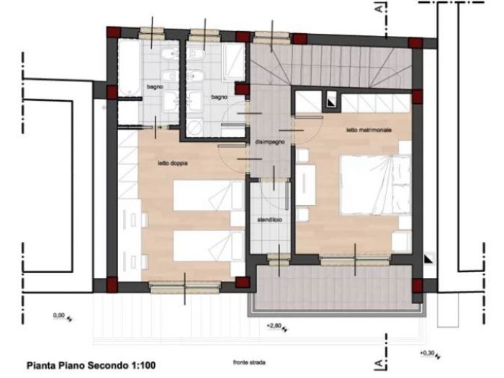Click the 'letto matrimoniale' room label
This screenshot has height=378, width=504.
[369, 130]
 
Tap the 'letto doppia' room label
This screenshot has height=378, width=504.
[173, 164]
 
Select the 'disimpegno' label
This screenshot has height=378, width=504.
[270, 143]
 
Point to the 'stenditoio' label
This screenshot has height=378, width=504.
[269, 219]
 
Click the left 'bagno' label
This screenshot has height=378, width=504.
[155, 86]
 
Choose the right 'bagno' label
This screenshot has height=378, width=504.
[220, 96]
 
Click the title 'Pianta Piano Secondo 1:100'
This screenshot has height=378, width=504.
[91, 365]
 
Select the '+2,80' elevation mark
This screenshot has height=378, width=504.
[274, 326]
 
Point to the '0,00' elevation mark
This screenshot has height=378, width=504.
[59, 315]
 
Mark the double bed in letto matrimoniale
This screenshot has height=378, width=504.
[373, 186]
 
